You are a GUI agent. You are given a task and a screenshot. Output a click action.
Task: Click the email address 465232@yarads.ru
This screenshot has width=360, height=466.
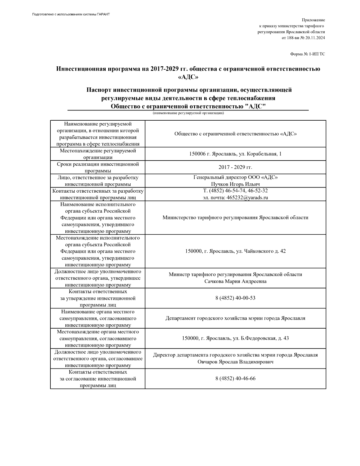pyautogui.click(x=247, y=197)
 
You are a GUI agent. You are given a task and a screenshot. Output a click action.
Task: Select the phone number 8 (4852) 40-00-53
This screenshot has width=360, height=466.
pyautogui.click(x=235, y=298)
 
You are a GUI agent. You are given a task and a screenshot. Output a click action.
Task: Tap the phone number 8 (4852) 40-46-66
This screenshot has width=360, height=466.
pyautogui.click(x=235, y=378)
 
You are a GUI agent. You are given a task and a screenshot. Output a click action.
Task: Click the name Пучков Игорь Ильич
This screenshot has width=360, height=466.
pyautogui.click(x=235, y=184)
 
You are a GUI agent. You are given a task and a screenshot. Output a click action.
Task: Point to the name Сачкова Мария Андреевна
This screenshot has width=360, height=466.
pyautogui.click(x=235, y=281)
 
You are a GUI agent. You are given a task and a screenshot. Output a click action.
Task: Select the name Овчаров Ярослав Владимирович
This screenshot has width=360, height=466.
pyautogui.click(x=235, y=362)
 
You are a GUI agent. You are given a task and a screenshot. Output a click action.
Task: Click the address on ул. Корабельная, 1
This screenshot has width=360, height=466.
pyautogui.click(x=235, y=154)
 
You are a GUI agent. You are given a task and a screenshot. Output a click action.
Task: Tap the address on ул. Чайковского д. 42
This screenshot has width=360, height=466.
pyautogui.click(x=235, y=251)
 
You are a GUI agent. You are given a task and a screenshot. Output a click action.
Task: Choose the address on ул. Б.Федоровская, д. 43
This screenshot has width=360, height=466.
pyautogui.click(x=235, y=338)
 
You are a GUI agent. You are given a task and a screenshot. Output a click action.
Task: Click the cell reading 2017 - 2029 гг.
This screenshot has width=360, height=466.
pyautogui.click(x=235, y=167)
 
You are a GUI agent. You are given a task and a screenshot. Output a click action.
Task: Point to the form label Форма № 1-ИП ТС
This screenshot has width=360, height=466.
pyautogui.click(x=307, y=54)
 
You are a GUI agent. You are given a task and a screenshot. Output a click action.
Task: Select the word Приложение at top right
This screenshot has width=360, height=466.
pyautogui.click(x=313, y=20)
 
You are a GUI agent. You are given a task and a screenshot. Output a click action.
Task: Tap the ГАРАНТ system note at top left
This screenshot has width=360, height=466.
pyautogui.click(x=71, y=14)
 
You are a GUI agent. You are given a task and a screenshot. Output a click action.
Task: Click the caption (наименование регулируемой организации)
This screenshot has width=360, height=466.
pyautogui.click(x=188, y=113)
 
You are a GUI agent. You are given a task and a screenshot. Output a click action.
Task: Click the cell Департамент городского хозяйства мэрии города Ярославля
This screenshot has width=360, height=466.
pyautogui.click(x=235, y=318)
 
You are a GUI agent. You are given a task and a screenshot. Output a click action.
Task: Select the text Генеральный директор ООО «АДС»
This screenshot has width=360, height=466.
pyautogui.click(x=235, y=177)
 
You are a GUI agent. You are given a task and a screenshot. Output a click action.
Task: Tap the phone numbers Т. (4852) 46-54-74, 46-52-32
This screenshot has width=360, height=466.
pyautogui.click(x=235, y=191)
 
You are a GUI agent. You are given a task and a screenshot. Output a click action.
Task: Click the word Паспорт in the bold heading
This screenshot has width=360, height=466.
pyautogui.click(x=98, y=90)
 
